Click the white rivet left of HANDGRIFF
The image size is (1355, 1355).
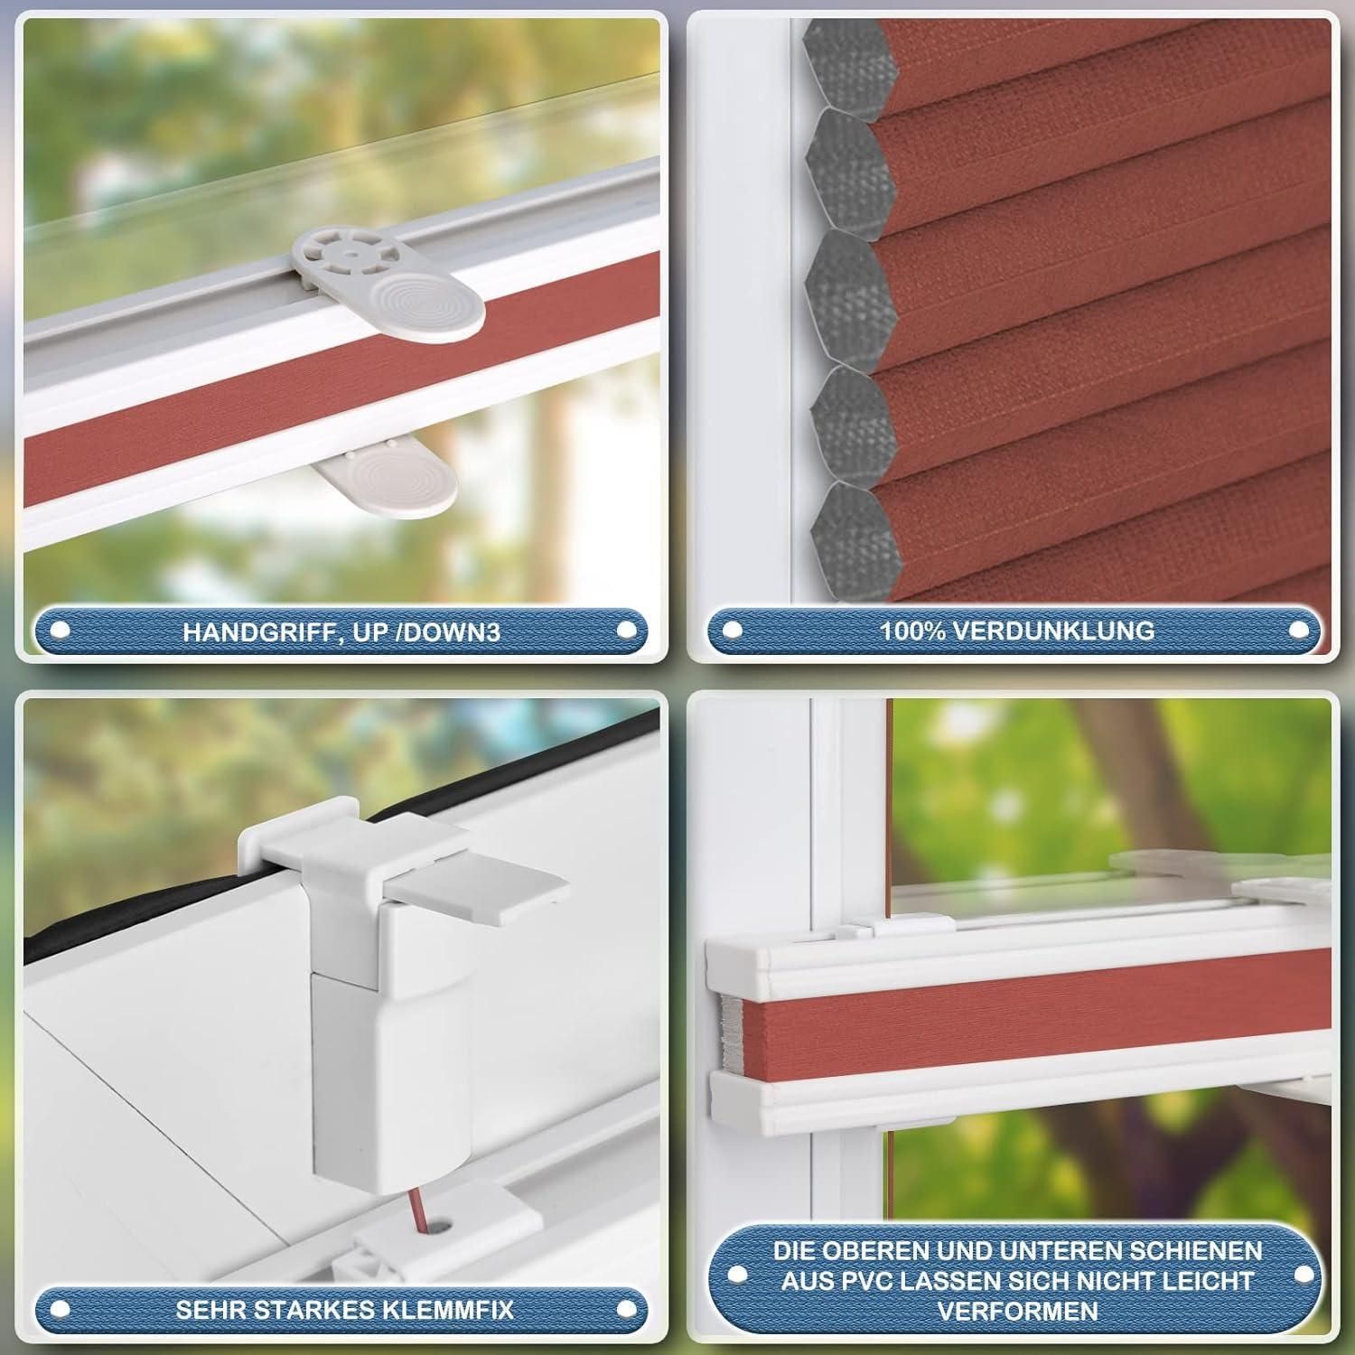pyautogui.click(x=61, y=631)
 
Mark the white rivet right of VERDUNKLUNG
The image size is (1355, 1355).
pyautogui.click(x=1300, y=630)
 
